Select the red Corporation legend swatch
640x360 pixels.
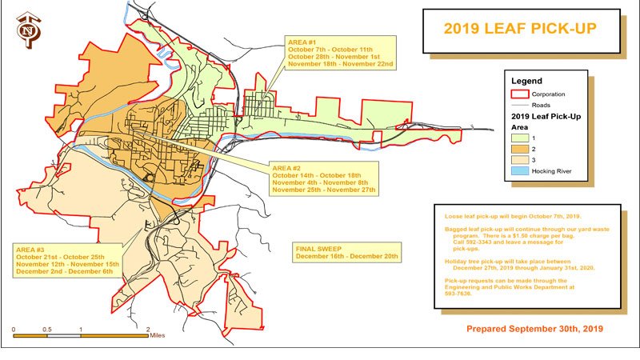pos(521,94)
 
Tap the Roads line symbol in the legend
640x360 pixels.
pos(521,105)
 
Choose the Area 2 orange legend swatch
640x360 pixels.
pos(521,149)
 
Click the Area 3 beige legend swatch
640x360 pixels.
pos(521,161)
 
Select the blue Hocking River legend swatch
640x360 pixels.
pos(521,173)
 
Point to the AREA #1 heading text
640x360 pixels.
pos(304,42)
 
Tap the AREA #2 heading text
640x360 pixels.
pos(286,167)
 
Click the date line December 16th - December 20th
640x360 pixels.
pos(346,258)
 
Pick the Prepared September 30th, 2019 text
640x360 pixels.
pos(534,329)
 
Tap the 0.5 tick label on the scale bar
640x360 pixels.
pos(47,328)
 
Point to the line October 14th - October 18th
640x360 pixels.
pos(317,175)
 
